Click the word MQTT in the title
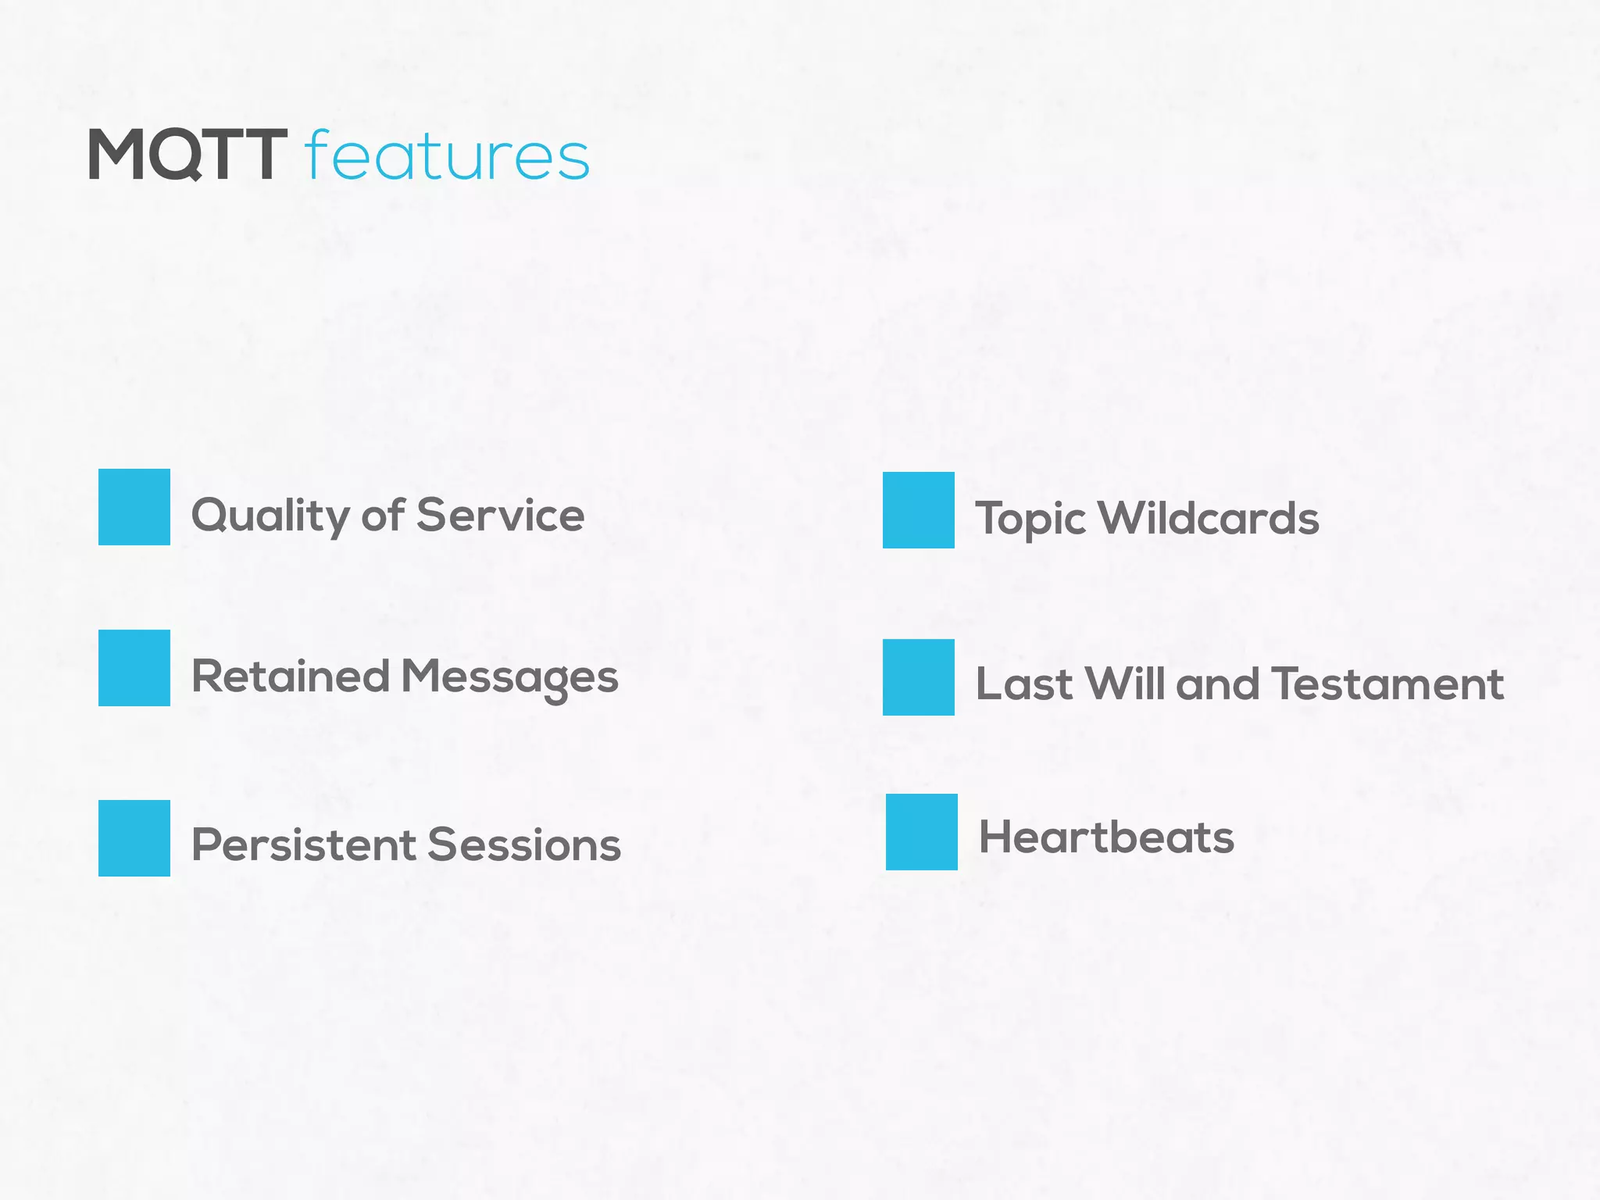(187, 155)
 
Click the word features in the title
(447, 155)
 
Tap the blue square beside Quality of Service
(134, 507)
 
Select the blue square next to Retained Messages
(134, 668)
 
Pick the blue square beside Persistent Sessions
(134, 838)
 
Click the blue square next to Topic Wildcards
(919, 510)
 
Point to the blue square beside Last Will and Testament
(919, 677)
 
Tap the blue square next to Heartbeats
(922, 832)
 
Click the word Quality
(270, 516)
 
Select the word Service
(500, 515)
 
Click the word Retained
(291, 676)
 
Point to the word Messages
(509, 677)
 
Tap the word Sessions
(524, 845)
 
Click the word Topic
(1030, 520)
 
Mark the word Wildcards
(1209, 518)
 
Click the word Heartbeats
(1106, 837)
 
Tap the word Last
(1024, 684)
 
